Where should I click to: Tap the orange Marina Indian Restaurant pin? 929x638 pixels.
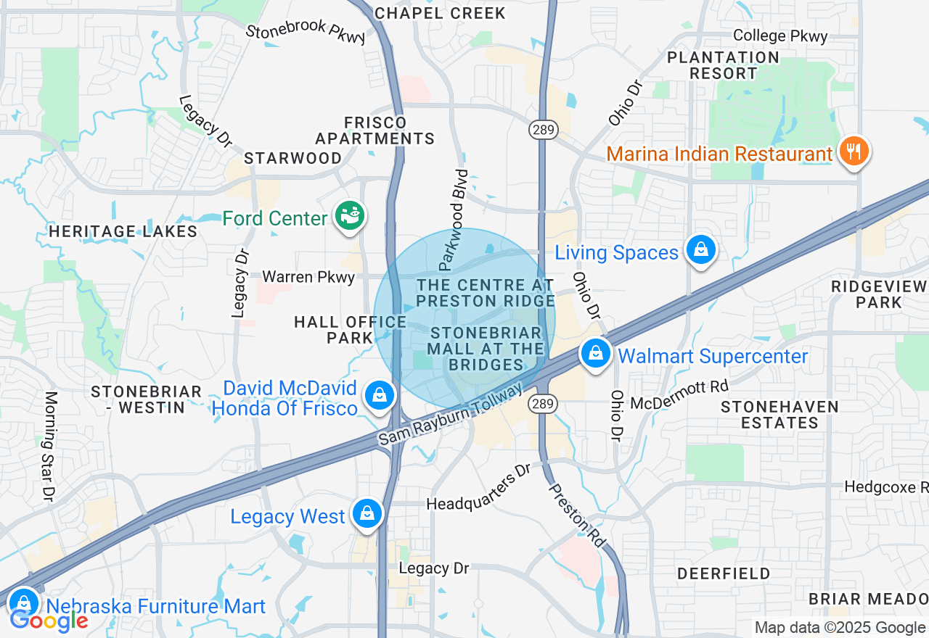[x=854, y=152]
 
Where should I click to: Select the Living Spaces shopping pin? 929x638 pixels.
[x=700, y=250]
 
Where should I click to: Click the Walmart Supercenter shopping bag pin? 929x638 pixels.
[x=595, y=355]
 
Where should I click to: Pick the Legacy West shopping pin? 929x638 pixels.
[x=367, y=514]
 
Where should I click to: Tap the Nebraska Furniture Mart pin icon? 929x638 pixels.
[x=24, y=602]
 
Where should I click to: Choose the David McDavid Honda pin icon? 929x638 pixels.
[x=379, y=396]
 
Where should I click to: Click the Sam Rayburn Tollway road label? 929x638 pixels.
[x=450, y=415]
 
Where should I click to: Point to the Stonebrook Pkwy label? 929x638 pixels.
[x=306, y=33]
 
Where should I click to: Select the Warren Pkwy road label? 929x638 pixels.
[x=308, y=277]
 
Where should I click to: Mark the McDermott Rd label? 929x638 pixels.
[x=679, y=396]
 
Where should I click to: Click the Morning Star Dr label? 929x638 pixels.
[x=50, y=446]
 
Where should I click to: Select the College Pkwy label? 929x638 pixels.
[x=779, y=36]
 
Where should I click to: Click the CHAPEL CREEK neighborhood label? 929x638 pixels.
[x=440, y=13]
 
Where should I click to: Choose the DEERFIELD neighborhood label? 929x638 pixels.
[x=724, y=574]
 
